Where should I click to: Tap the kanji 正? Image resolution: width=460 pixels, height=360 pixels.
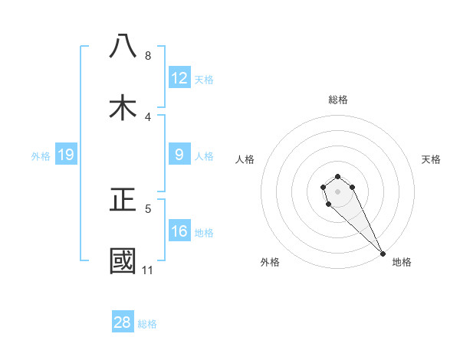pos(123,200)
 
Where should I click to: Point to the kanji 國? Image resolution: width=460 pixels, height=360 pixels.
pos(123,261)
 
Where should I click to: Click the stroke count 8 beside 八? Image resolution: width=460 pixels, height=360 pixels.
pos(148,56)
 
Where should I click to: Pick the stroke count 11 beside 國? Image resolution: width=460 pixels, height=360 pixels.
pos(148,270)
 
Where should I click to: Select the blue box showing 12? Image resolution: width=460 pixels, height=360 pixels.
pos(179,78)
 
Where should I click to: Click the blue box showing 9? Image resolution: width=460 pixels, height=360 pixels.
pos(179,155)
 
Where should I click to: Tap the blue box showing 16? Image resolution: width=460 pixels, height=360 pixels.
pos(179,231)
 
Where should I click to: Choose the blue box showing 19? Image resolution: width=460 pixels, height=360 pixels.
pos(66,155)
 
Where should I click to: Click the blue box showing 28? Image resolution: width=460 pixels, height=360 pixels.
pos(123,322)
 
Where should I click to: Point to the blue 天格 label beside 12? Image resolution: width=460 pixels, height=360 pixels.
pos(204,80)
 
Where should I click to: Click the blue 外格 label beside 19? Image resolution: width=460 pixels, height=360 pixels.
pos(41,156)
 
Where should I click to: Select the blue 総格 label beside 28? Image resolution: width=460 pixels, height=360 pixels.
pos(147,324)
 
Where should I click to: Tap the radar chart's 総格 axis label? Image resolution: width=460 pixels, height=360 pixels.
pos(338,100)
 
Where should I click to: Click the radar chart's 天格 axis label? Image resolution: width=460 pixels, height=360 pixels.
pos(431,159)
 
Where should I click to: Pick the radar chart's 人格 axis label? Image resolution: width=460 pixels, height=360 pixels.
pos(245,159)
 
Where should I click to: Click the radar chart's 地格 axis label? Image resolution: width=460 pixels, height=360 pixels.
pos(402,262)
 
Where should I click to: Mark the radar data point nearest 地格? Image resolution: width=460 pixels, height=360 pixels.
pos(383,254)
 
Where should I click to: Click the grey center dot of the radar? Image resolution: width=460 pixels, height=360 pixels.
pos(337,191)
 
